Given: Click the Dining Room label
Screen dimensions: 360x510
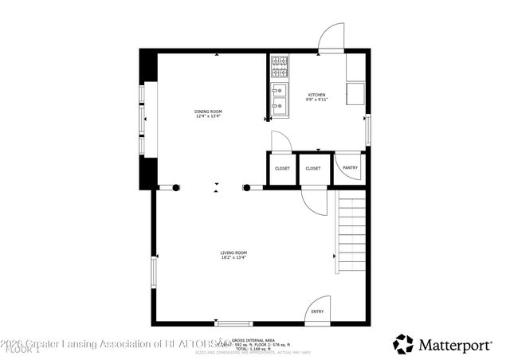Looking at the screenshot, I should pyautogui.click(x=209, y=111).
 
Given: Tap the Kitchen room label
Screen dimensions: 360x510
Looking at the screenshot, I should pyautogui.click(x=317, y=95).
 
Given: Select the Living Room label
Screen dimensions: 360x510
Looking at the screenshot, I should pyautogui.click(x=233, y=252).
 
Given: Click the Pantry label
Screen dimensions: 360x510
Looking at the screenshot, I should pyautogui.click(x=350, y=168).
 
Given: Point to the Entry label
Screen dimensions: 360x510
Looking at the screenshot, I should pyautogui.click(x=317, y=311).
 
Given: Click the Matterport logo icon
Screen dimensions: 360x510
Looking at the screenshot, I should pyautogui.click(x=403, y=343).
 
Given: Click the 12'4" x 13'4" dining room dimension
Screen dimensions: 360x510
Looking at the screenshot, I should pyautogui.click(x=209, y=116).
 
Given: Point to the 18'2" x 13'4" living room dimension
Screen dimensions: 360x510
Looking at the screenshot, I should pyautogui.click(x=233, y=258).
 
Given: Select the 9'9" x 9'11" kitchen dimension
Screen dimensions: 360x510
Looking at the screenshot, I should pyautogui.click(x=317, y=100).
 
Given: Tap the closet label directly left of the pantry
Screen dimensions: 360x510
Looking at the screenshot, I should pyautogui.click(x=313, y=169).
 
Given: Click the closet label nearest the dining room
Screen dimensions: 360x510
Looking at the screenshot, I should pyautogui.click(x=282, y=169).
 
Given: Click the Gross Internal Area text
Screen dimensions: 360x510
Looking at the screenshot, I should pyautogui.click(x=253, y=339).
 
